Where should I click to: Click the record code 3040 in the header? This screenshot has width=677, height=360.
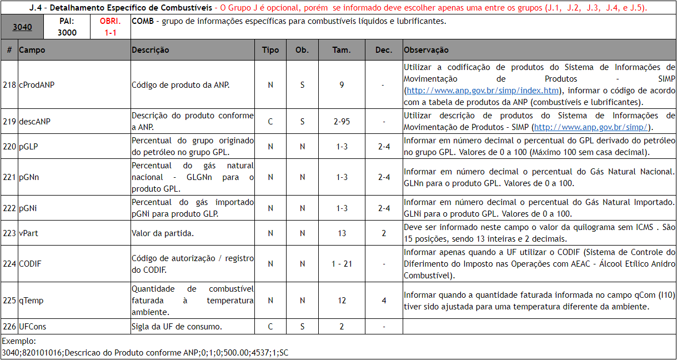pyautogui.click(x=22, y=27)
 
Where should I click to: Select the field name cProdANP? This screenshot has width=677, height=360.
pyautogui.click(x=37, y=85)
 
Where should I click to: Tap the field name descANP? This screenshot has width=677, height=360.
pyautogui.click(x=34, y=121)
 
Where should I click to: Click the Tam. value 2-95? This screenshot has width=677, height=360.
pyautogui.click(x=342, y=121)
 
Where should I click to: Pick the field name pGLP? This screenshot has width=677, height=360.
pyautogui.click(x=28, y=146)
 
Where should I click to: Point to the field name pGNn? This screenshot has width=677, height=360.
pyautogui.click(x=29, y=177)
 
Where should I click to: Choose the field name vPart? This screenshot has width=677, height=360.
pyautogui.click(x=28, y=233)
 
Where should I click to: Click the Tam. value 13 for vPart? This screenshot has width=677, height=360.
pyautogui.click(x=342, y=233)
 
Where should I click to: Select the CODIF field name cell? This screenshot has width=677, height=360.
pyautogui.click(x=30, y=264)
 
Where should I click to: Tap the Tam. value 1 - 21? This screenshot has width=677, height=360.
pyautogui.click(x=342, y=264)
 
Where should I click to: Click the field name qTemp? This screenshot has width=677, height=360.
pyautogui.click(x=31, y=301)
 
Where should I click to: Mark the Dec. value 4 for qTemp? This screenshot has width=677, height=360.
pyautogui.click(x=384, y=301)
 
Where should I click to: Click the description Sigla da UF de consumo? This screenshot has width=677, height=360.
pyautogui.click(x=177, y=327)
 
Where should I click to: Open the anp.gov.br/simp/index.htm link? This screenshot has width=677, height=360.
pyautogui.click(x=482, y=91)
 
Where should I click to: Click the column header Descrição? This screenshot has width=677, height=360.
pyautogui.click(x=151, y=50)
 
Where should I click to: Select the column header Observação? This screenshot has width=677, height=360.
pyautogui.click(x=426, y=50)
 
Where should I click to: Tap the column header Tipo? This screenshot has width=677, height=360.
pyautogui.click(x=270, y=50)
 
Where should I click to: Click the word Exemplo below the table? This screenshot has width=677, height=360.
pyautogui.click(x=19, y=341)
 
